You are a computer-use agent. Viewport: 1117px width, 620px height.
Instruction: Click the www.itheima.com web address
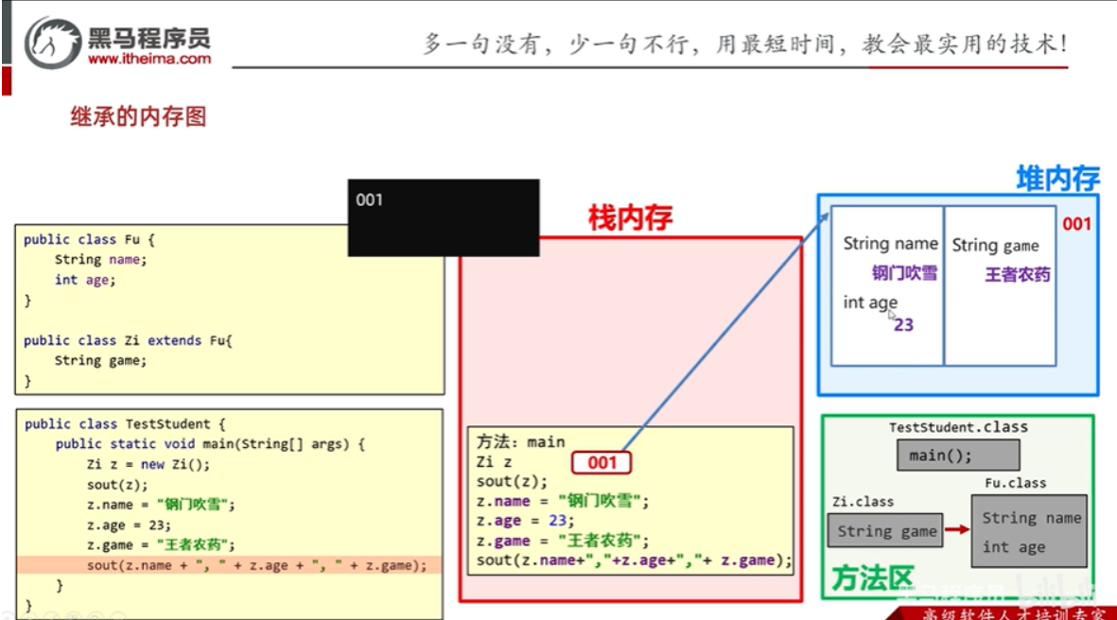coord(149,59)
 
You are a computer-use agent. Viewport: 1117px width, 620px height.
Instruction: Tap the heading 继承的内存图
coord(138,117)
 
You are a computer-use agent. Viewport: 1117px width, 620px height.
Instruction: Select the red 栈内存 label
coord(630,218)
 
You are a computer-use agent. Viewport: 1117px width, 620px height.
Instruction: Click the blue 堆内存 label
coord(1057,179)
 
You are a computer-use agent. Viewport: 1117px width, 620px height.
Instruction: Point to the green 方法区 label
coord(872,578)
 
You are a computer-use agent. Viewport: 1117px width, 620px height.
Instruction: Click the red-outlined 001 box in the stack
coord(602,462)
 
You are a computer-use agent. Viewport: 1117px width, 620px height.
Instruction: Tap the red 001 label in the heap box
coord(1076,224)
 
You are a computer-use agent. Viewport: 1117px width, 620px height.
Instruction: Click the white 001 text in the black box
coord(369,199)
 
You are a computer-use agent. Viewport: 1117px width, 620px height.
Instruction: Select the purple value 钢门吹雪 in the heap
coord(904,273)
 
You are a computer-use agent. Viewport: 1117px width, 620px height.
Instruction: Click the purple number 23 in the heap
coord(903,324)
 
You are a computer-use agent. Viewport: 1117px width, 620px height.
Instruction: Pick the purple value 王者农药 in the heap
coord(1018,275)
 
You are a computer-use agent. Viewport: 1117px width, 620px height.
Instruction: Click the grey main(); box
coord(957,456)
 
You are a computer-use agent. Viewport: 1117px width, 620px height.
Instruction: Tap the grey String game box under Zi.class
coord(886,531)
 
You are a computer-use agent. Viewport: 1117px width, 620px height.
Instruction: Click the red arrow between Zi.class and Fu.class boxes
coord(957,530)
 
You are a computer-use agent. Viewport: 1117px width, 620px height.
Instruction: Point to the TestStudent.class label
coord(957,427)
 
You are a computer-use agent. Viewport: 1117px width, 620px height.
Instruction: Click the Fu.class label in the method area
coord(1014,483)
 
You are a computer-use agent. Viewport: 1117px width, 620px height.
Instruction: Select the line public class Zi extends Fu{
coord(128,340)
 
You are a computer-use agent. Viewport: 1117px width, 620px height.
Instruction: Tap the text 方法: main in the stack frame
coord(520,441)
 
